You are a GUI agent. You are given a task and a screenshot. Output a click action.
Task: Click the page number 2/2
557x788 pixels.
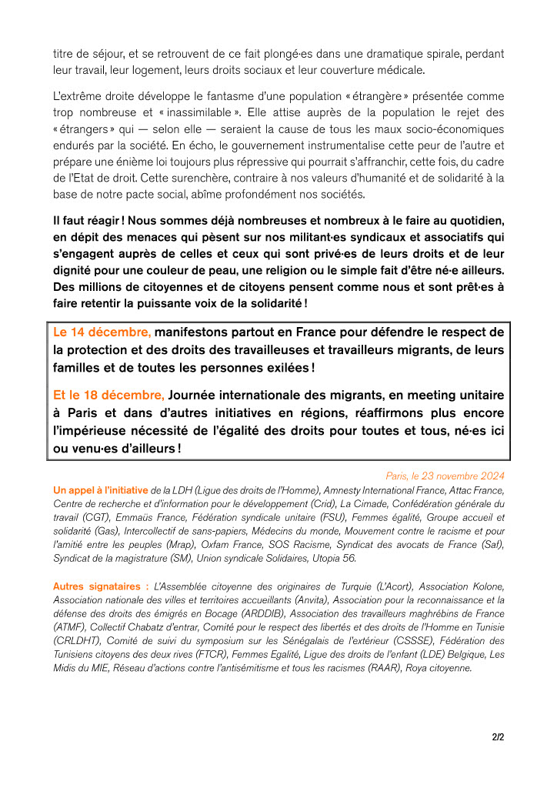pyautogui.click(x=498, y=737)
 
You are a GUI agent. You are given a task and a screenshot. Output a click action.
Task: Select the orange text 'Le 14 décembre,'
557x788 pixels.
pyautogui.click(x=102, y=332)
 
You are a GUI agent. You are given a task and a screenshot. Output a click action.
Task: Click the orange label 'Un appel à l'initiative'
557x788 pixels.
pyautogui.click(x=100, y=489)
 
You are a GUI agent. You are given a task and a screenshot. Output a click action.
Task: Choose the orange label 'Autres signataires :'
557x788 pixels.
pyautogui.click(x=101, y=586)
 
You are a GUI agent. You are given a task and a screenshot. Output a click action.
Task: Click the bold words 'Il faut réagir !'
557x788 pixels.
pyautogui.click(x=88, y=220)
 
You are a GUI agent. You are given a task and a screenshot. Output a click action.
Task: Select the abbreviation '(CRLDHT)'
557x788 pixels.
pyautogui.click(x=76, y=641)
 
